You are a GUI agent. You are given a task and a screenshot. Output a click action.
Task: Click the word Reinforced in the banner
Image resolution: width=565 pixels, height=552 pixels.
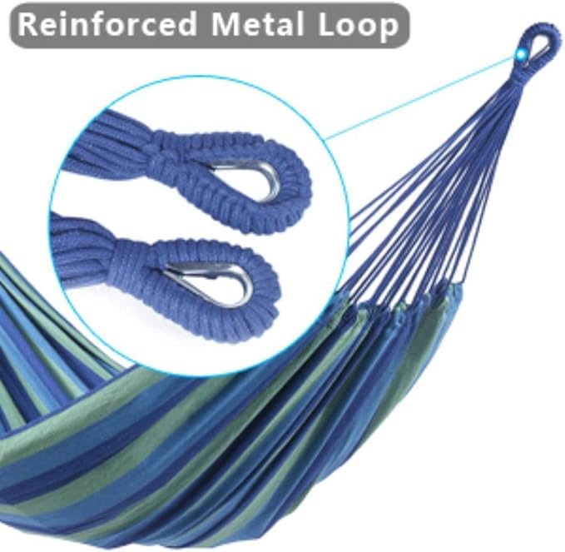(x=107, y=24)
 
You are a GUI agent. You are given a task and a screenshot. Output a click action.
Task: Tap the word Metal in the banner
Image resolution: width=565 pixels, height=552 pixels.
(x=257, y=24)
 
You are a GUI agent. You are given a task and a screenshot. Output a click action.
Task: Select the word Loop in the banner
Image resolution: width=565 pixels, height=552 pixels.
(x=358, y=26)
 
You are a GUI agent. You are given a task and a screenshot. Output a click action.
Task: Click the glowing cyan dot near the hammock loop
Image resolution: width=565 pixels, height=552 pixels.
(x=521, y=54)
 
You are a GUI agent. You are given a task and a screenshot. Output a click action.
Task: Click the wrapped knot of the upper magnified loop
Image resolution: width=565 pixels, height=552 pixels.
(x=166, y=156)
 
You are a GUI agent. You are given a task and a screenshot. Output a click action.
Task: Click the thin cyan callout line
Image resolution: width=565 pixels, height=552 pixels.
(x=420, y=97)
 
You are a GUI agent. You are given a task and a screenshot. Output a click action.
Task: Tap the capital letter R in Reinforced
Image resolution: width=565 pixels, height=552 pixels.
(x=27, y=24)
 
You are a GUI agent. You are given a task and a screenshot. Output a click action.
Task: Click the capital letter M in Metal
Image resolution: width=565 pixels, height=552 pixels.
(x=225, y=24)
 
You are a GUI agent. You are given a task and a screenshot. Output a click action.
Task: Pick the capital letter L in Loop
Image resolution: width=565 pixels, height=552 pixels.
(x=326, y=24)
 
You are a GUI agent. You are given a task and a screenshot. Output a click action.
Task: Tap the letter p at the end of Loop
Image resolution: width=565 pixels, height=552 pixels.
(x=389, y=30)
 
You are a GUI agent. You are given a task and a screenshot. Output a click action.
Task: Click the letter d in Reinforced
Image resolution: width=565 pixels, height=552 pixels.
(x=186, y=24)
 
